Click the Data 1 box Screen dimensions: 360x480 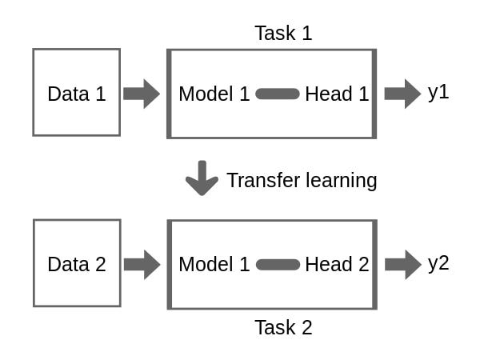(x=76, y=92)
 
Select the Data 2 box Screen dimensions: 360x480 (x=76, y=263)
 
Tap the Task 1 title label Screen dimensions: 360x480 (x=283, y=33)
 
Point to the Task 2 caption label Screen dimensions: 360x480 (x=283, y=327)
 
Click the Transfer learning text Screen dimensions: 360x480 (x=302, y=180)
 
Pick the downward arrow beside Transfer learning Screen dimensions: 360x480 (x=202, y=178)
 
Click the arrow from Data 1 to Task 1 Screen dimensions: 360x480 (x=142, y=94)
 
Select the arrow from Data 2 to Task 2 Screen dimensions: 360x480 (x=142, y=264)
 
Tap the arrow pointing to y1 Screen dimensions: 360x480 (x=402, y=94)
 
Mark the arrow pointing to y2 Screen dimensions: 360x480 (x=402, y=264)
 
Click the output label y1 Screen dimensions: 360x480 (x=438, y=92)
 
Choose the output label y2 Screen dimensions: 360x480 (x=438, y=263)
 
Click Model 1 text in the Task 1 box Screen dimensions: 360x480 (x=214, y=94)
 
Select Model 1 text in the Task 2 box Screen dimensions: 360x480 (x=214, y=265)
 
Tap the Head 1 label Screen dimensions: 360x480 (x=337, y=94)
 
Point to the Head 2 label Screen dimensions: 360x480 (x=337, y=265)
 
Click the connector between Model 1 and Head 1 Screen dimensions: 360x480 (x=278, y=94)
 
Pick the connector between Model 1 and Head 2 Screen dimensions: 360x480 (x=278, y=265)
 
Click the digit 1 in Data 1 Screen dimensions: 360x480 (x=100, y=94)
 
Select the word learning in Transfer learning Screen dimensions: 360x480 (x=341, y=181)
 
